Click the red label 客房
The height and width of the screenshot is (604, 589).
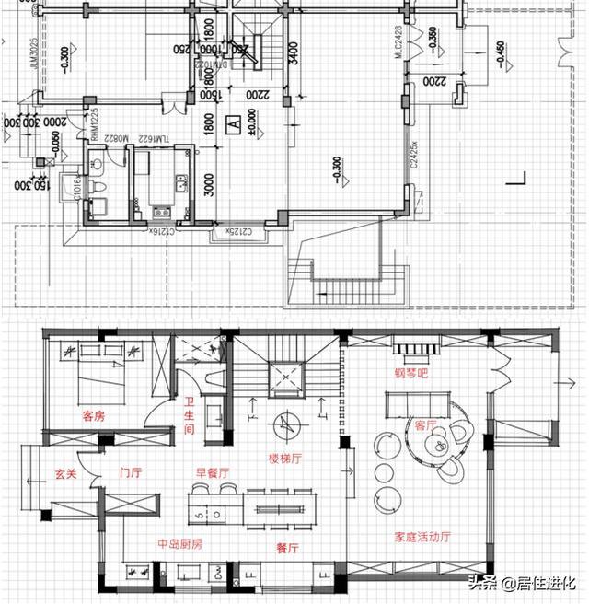click(94, 416)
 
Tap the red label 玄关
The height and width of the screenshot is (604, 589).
click(64, 474)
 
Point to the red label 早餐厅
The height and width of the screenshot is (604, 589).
click(211, 473)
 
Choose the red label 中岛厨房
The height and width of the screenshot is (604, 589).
click(180, 544)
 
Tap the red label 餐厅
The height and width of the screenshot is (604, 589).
click(288, 547)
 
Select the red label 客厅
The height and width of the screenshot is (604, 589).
click(425, 424)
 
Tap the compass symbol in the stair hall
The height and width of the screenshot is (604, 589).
click(286, 424)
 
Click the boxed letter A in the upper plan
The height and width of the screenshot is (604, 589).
click(234, 121)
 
